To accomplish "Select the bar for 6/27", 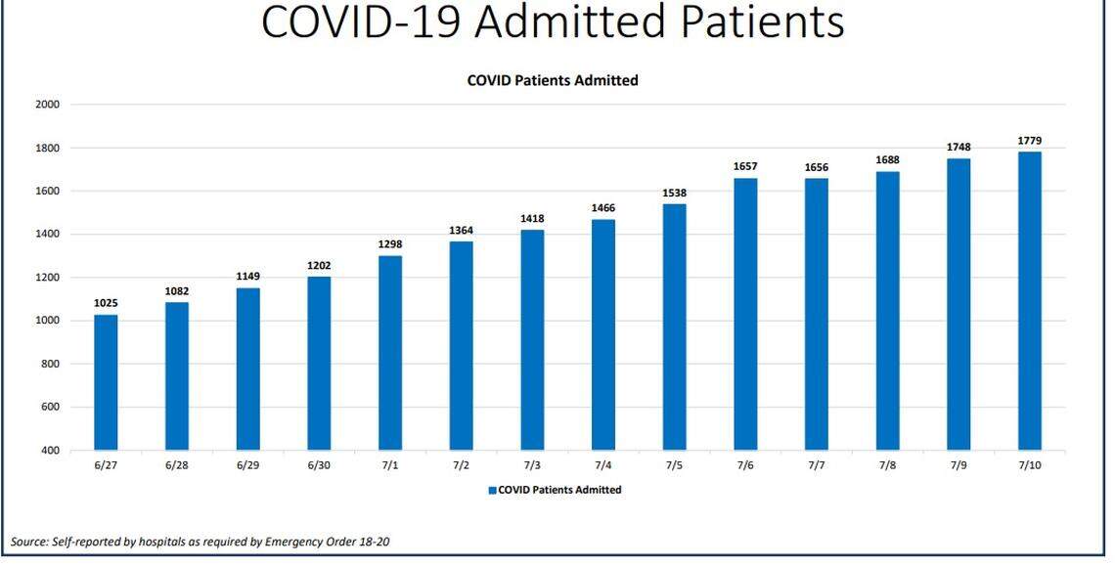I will (106, 382).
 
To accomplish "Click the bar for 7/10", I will (1029, 301).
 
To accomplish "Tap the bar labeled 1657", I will (745, 314).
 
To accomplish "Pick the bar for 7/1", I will (389, 353).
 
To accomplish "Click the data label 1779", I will (1029, 141).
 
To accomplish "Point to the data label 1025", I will (106, 304).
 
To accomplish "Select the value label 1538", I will (674, 194).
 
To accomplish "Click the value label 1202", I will (319, 266).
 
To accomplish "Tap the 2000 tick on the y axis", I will (47, 105).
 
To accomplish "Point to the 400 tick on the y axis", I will (50, 451).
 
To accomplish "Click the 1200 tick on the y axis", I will (47, 278).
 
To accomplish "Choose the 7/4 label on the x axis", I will (602, 465).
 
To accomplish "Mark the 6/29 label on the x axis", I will (247, 465).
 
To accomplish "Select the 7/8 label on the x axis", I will (887, 465).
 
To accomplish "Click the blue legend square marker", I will (492, 490).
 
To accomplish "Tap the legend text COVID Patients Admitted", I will (559, 490).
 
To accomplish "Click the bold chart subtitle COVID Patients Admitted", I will (553, 80).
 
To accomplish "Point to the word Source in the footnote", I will (28, 541).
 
